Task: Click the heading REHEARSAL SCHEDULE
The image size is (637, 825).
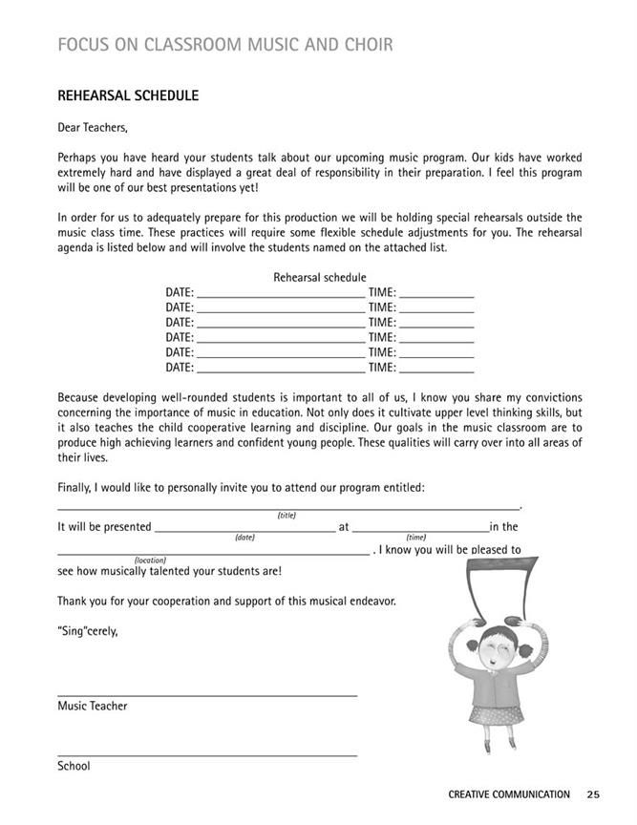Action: [128, 96]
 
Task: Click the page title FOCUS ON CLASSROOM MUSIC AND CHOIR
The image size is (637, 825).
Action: [224, 45]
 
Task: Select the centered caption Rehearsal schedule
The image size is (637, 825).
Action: [319, 278]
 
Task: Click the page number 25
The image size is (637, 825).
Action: [593, 794]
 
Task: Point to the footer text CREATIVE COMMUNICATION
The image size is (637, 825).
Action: [508, 794]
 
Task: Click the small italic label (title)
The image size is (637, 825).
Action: [287, 515]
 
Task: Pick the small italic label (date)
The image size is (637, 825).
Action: [244, 538]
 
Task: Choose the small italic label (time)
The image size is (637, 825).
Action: [415, 538]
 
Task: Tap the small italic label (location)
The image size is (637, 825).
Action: [151, 561]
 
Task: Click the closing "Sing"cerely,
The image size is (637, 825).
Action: [88, 631]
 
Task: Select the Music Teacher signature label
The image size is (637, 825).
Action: [92, 707]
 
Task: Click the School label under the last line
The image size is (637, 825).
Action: [74, 766]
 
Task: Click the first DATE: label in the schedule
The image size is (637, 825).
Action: [180, 293]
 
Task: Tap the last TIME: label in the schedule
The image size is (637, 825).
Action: [382, 367]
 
